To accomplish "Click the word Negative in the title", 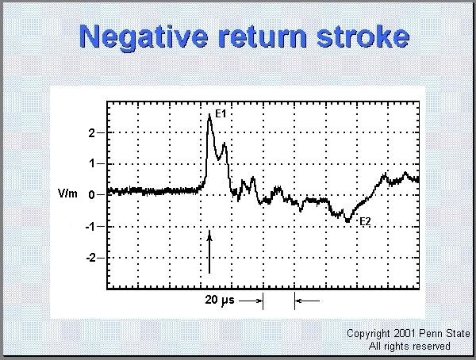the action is [x=144, y=37].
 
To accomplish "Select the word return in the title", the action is [x=262, y=36].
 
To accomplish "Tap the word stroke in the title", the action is [x=363, y=36].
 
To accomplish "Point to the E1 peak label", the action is [x=221, y=114].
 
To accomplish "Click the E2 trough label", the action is [x=365, y=221].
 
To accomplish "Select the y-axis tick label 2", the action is [x=92, y=133].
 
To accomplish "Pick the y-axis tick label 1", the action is [x=92, y=164].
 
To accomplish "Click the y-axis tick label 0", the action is [x=92, y=195].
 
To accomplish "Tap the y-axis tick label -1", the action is [x=90, y=227].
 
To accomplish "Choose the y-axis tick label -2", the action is [x=90, y=258].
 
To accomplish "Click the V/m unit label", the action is [x=67, y=193].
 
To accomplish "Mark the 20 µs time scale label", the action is [x=220, y=301].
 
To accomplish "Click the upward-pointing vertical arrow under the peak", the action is [x=209, y=252].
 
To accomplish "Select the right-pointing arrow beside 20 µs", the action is [x=251, y=301].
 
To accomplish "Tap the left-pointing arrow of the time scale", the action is [x=307, y=301].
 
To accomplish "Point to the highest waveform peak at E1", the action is [x=209, y=115].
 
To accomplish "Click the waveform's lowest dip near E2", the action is [x=347, y=221].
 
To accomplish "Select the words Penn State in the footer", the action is [x=445, y=334].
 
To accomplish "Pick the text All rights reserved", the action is [x=409, y=346].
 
